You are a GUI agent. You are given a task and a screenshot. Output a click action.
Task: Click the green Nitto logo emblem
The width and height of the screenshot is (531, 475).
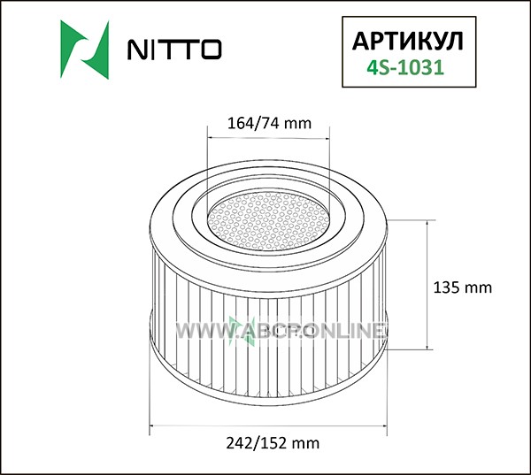pos(85,50)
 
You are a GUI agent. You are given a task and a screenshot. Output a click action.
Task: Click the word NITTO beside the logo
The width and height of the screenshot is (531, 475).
pos(174,50)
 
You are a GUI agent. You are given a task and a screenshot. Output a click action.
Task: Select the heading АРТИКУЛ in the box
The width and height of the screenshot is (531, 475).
pos(407,42)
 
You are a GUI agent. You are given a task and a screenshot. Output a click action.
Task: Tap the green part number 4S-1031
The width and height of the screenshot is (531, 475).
pos(405,67)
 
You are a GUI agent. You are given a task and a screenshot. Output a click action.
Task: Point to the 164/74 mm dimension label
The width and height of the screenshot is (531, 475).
pos(269,123)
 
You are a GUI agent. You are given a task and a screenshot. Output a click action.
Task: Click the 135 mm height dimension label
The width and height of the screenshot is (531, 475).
pos(463,287)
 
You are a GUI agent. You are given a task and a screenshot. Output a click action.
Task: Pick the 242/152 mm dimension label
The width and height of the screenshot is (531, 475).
pos(273,443)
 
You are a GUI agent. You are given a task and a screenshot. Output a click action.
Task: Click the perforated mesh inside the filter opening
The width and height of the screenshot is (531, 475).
pos(268,221)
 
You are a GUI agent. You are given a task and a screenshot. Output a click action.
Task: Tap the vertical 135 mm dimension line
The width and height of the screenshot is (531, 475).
pos(427,285)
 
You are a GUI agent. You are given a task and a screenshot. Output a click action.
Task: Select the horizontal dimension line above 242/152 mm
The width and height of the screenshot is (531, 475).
pos(268,425)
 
